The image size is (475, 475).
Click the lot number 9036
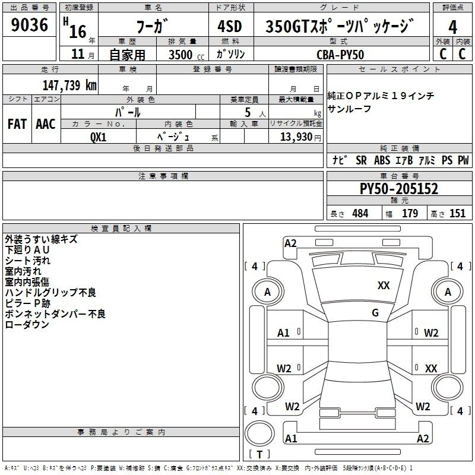click(x=29, y=24)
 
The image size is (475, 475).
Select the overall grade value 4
click(x=452, y=27)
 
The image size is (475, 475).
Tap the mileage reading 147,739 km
click(x=69, y=85)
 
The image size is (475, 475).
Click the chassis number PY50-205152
click(x=398, y=189)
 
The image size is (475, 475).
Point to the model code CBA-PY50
click(x=340, y=55)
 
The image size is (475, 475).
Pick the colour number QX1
click(x=98, y=137)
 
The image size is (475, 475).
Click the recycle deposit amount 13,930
click(x=296, y=137)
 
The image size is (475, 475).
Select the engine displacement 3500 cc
click(x=186, y=55)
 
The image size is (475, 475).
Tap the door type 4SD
click(x=230, y=26)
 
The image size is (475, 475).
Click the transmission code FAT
click(x=17, y=124)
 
